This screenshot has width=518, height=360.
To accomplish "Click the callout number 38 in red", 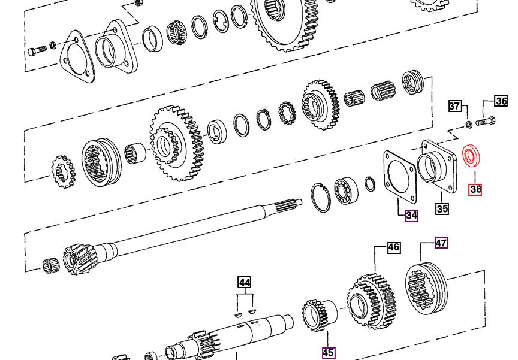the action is pos(475,189).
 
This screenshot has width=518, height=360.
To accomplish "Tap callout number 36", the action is pos(501,101).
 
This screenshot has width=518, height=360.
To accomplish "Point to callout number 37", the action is pos(455,106).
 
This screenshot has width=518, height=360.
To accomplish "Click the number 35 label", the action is pos(442,209).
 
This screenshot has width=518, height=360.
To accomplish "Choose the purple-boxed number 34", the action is pos(412,216).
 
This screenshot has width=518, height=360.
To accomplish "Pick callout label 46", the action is pos(394,247).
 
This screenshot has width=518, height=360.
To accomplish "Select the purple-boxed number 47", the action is pos(441,243).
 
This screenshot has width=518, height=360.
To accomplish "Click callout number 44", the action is pos(245,283).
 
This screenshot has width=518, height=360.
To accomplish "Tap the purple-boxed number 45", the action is pos(328,353).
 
